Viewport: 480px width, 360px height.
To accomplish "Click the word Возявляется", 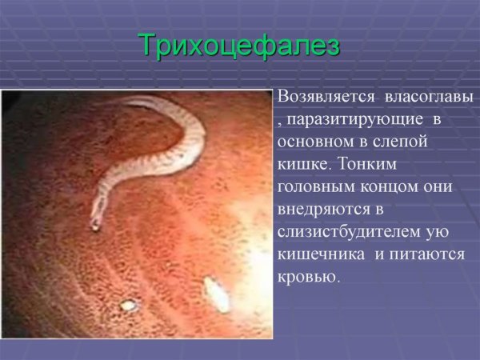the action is [x=326, y=97].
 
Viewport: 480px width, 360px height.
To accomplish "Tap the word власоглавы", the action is [x=429, y=97].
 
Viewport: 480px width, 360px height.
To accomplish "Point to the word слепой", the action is [x=400, y=142].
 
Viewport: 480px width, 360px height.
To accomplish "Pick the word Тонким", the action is [x=367, y=164].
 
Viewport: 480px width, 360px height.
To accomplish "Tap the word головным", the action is [x=316, y=186].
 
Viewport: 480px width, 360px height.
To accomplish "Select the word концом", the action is [x=389, y=186].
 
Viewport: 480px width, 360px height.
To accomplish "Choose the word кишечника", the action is [x=321, y=254].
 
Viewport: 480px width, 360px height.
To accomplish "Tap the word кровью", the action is [x=309, y=277].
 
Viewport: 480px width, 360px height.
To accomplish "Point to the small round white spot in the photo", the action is [x=128, y=305].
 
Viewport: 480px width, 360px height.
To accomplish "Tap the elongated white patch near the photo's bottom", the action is [x=217, y=294].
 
